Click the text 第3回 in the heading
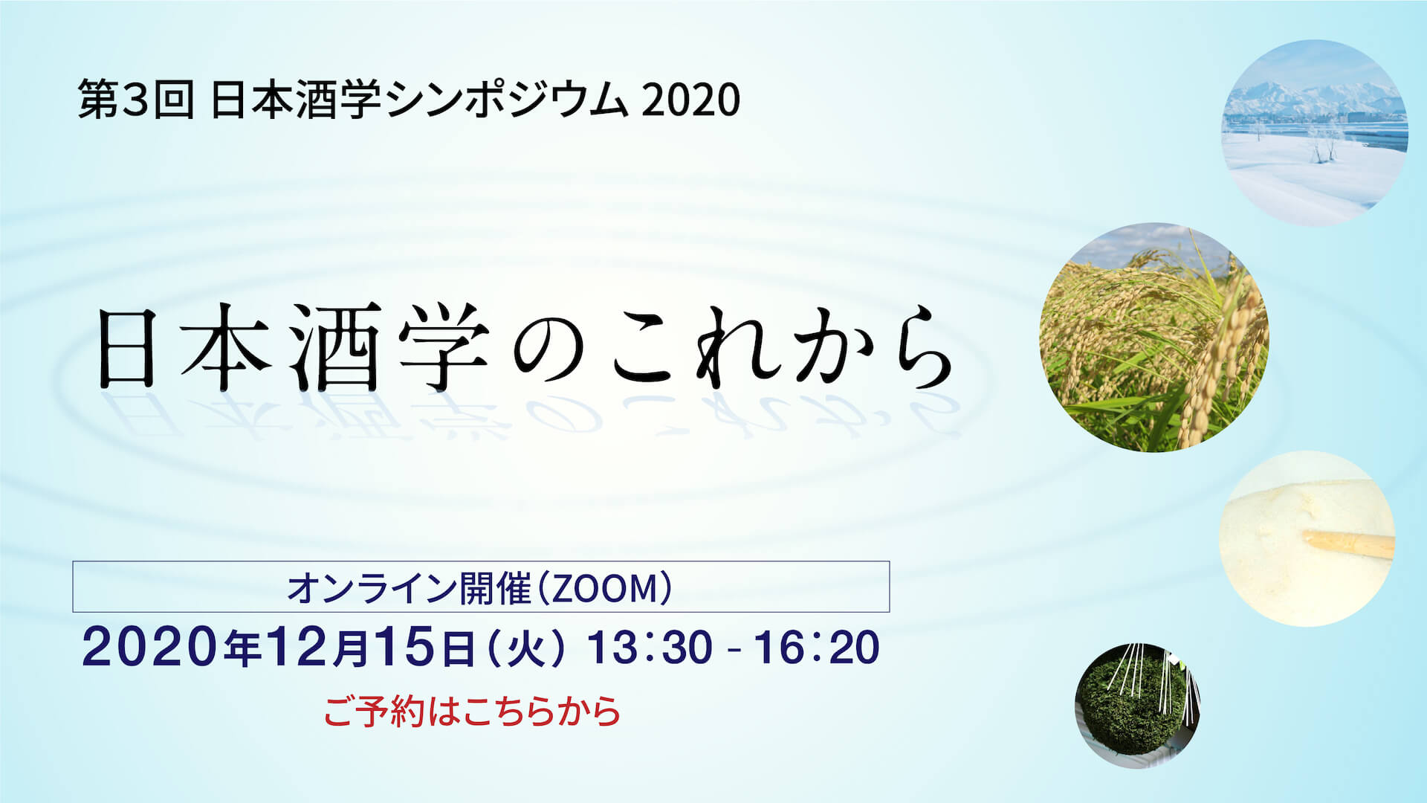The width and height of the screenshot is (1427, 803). [x=135, y=100]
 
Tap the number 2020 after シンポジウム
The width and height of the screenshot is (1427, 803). [x=691, y=100]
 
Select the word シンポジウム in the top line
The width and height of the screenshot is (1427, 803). [x=507, y=100]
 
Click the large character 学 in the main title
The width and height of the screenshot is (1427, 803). [x=444, y=347]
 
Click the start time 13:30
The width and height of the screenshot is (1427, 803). [x=650, y=647]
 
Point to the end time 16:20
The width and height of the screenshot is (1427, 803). [x=817, y=647]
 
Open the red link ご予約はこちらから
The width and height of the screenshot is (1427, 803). [x=472, y=712]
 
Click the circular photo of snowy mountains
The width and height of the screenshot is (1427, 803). [x=1315, y=132]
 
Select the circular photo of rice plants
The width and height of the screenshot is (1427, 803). [x=1154, y=338]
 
